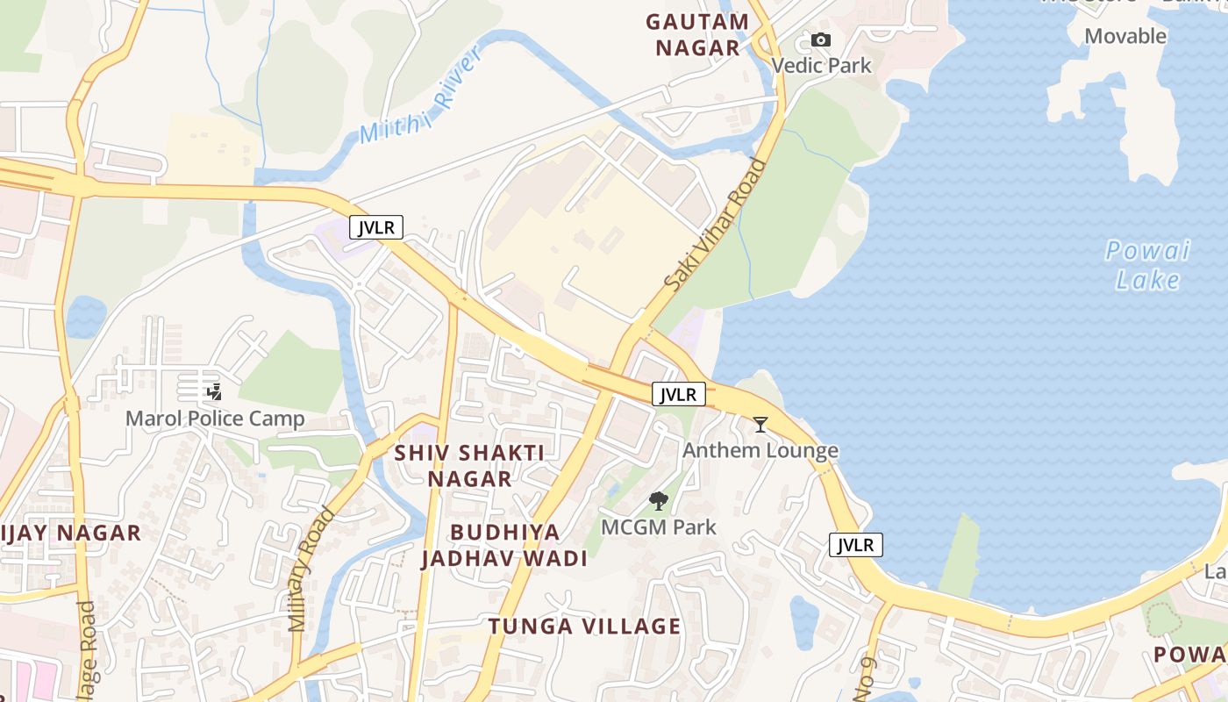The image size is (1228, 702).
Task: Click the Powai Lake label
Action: (1147, 265)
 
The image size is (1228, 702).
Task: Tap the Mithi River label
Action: (421, 96)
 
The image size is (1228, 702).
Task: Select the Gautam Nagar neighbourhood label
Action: (697, 34)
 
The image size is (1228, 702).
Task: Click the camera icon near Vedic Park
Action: (820, 39)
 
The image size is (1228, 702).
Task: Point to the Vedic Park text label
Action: (822, 65)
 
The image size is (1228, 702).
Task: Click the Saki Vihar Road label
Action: (715, 225)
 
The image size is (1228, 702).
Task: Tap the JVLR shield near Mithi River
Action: (376, 227)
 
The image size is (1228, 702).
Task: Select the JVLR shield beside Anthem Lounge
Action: (679, 394)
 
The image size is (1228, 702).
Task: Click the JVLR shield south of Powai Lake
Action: (855, 545)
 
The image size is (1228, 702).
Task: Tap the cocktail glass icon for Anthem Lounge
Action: (760, 425)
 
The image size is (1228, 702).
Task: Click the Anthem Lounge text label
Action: (760, 450)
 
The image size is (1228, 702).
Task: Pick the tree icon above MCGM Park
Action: (658, 501)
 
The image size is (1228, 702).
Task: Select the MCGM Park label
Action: (658, 527)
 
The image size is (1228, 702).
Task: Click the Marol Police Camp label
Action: (215, 418)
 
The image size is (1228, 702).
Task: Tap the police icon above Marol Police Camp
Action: (214, 391)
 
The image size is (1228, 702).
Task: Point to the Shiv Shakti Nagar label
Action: (469, 465)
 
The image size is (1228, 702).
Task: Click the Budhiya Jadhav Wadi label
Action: (504, 545)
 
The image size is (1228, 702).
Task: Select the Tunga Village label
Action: (584, 626)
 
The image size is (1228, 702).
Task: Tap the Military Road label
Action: (311, 569)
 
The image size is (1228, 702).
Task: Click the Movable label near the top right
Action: (1125, 36)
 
